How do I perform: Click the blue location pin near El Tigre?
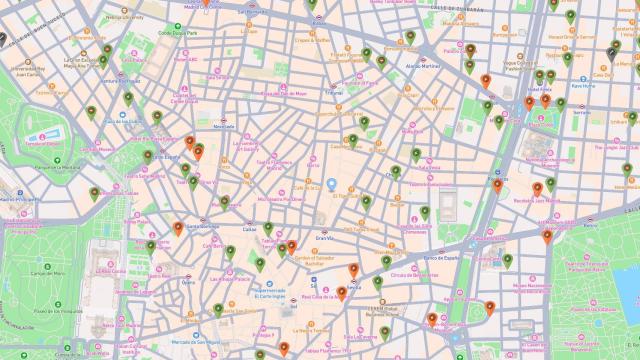tap(333, 185)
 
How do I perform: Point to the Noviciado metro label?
tap(224, 126)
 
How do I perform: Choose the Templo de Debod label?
tap(43, 143)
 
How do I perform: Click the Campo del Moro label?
tap(47, 272)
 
